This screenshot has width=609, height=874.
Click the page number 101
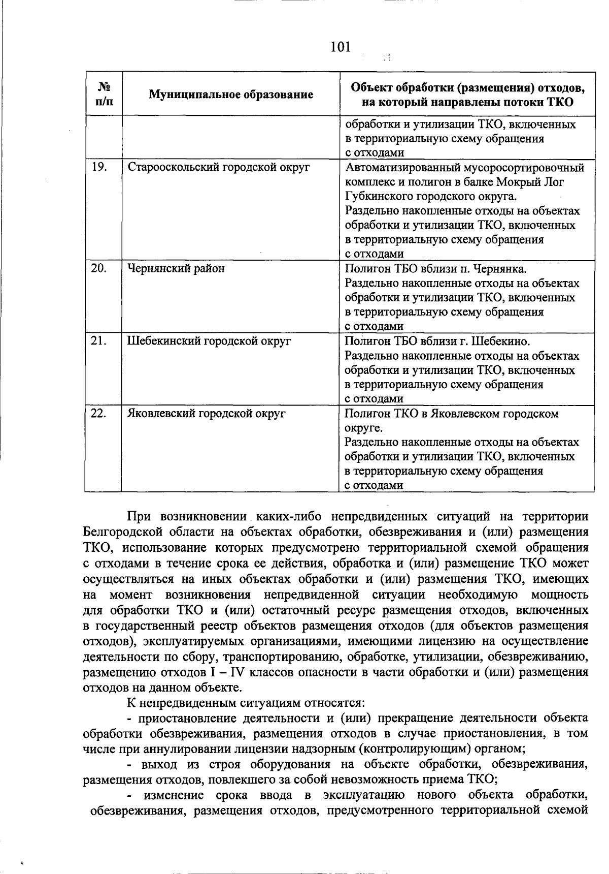coord(340,47)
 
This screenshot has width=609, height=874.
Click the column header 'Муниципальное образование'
coord(231,95)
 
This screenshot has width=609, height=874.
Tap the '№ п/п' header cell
coord(104,94)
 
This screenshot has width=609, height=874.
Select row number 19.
coord(99,167)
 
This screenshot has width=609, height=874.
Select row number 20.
coord(99,268)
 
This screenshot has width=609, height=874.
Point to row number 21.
coord(99,341)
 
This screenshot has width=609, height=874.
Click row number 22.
coord(99,414)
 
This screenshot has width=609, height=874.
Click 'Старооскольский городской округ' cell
coord(218,167)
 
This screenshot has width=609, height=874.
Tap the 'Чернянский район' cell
coord(176,268)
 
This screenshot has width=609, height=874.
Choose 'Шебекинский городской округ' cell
coord(209,341)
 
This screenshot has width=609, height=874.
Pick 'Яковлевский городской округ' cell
coord(207,414)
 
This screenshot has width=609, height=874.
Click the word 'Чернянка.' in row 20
coord(504,269)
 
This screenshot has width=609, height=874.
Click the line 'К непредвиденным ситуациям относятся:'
coord(246,704)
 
